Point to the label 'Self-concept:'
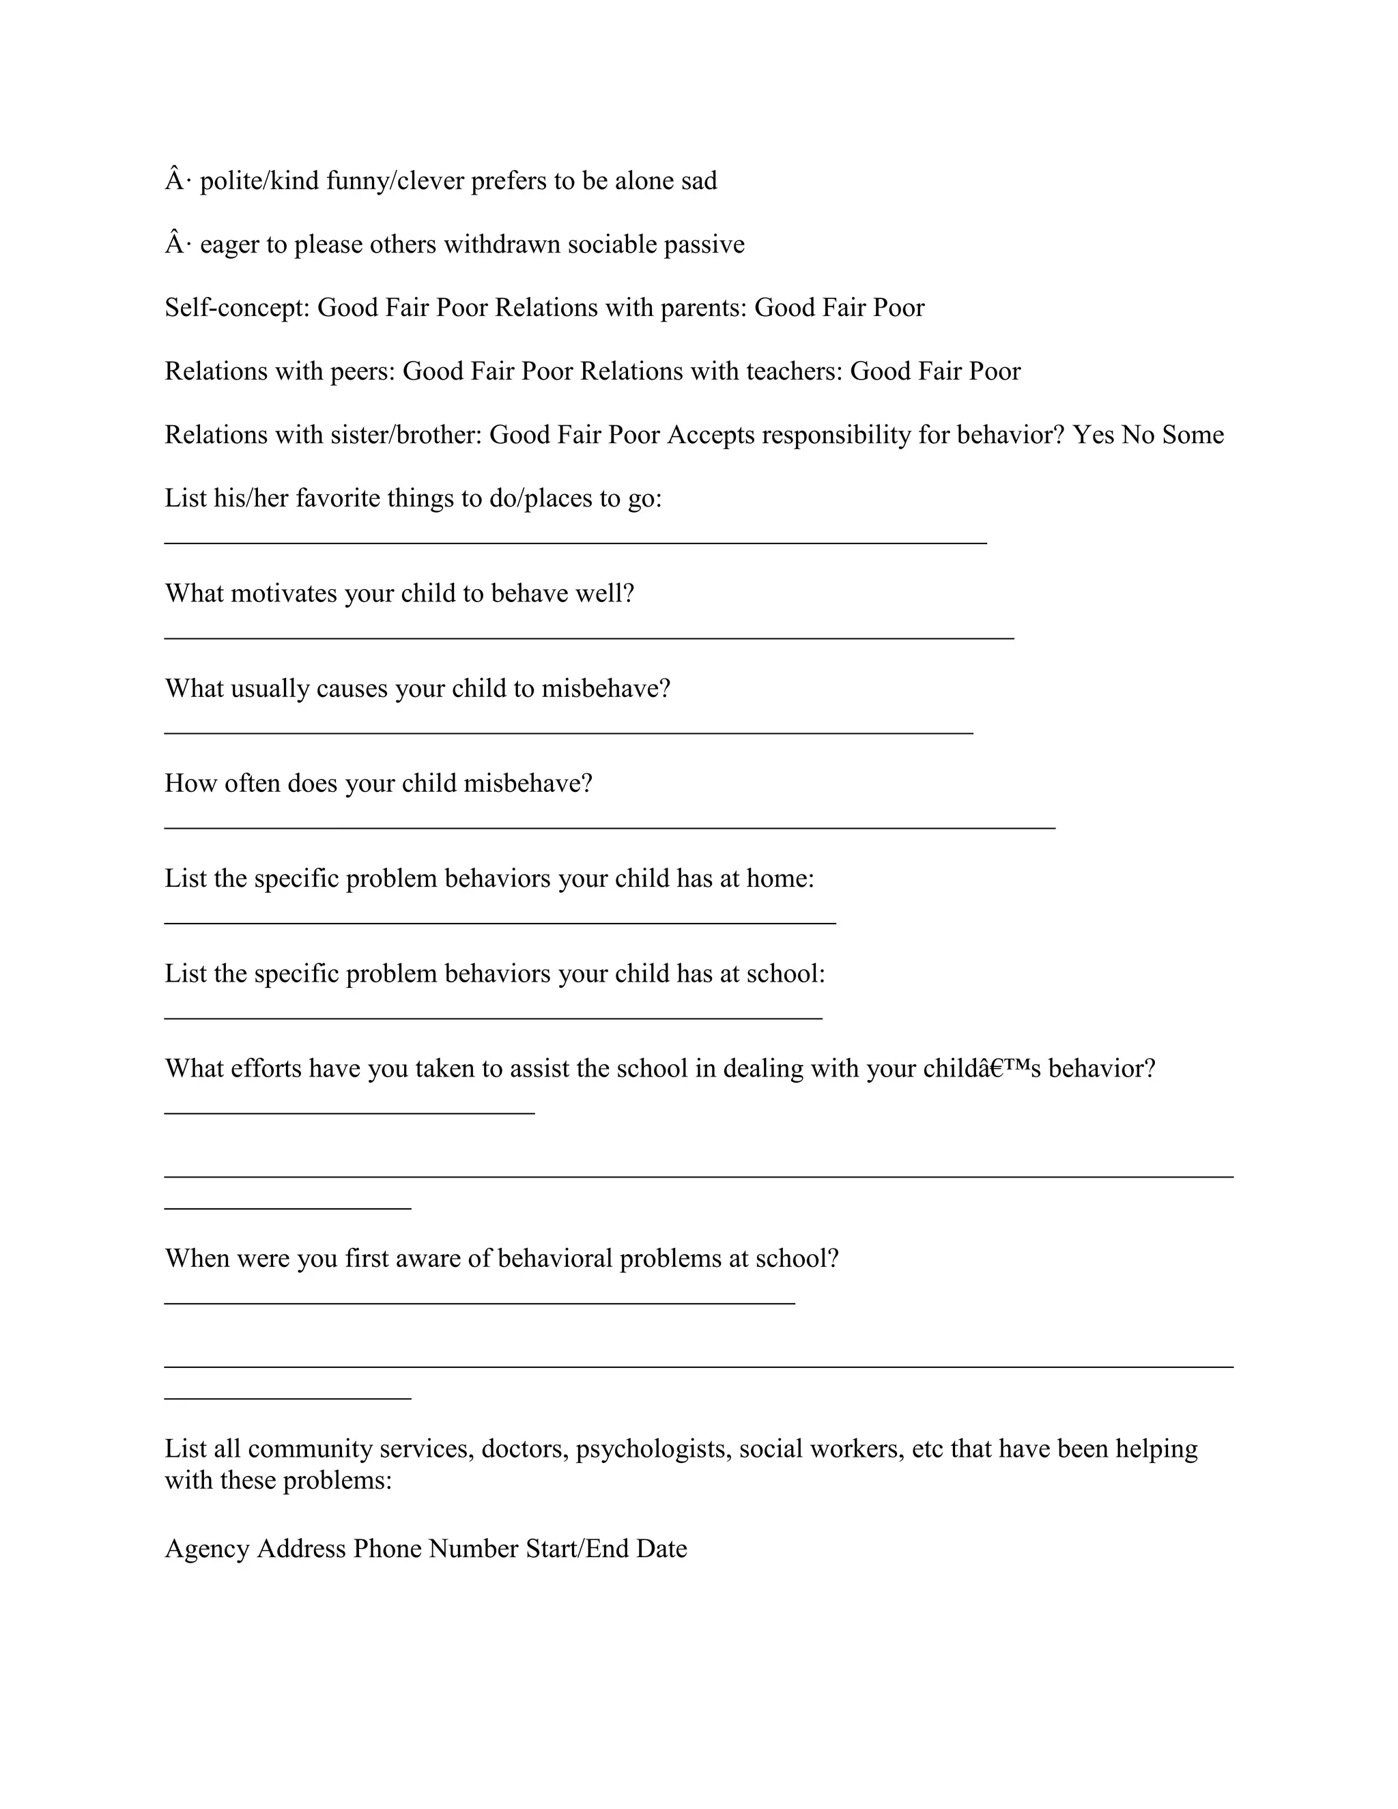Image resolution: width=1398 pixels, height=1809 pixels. (x=237, y=308)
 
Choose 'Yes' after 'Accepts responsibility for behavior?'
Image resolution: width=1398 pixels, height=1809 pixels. (x=1094, y=435)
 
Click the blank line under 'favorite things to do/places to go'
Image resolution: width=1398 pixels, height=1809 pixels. (x=575, y=543)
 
